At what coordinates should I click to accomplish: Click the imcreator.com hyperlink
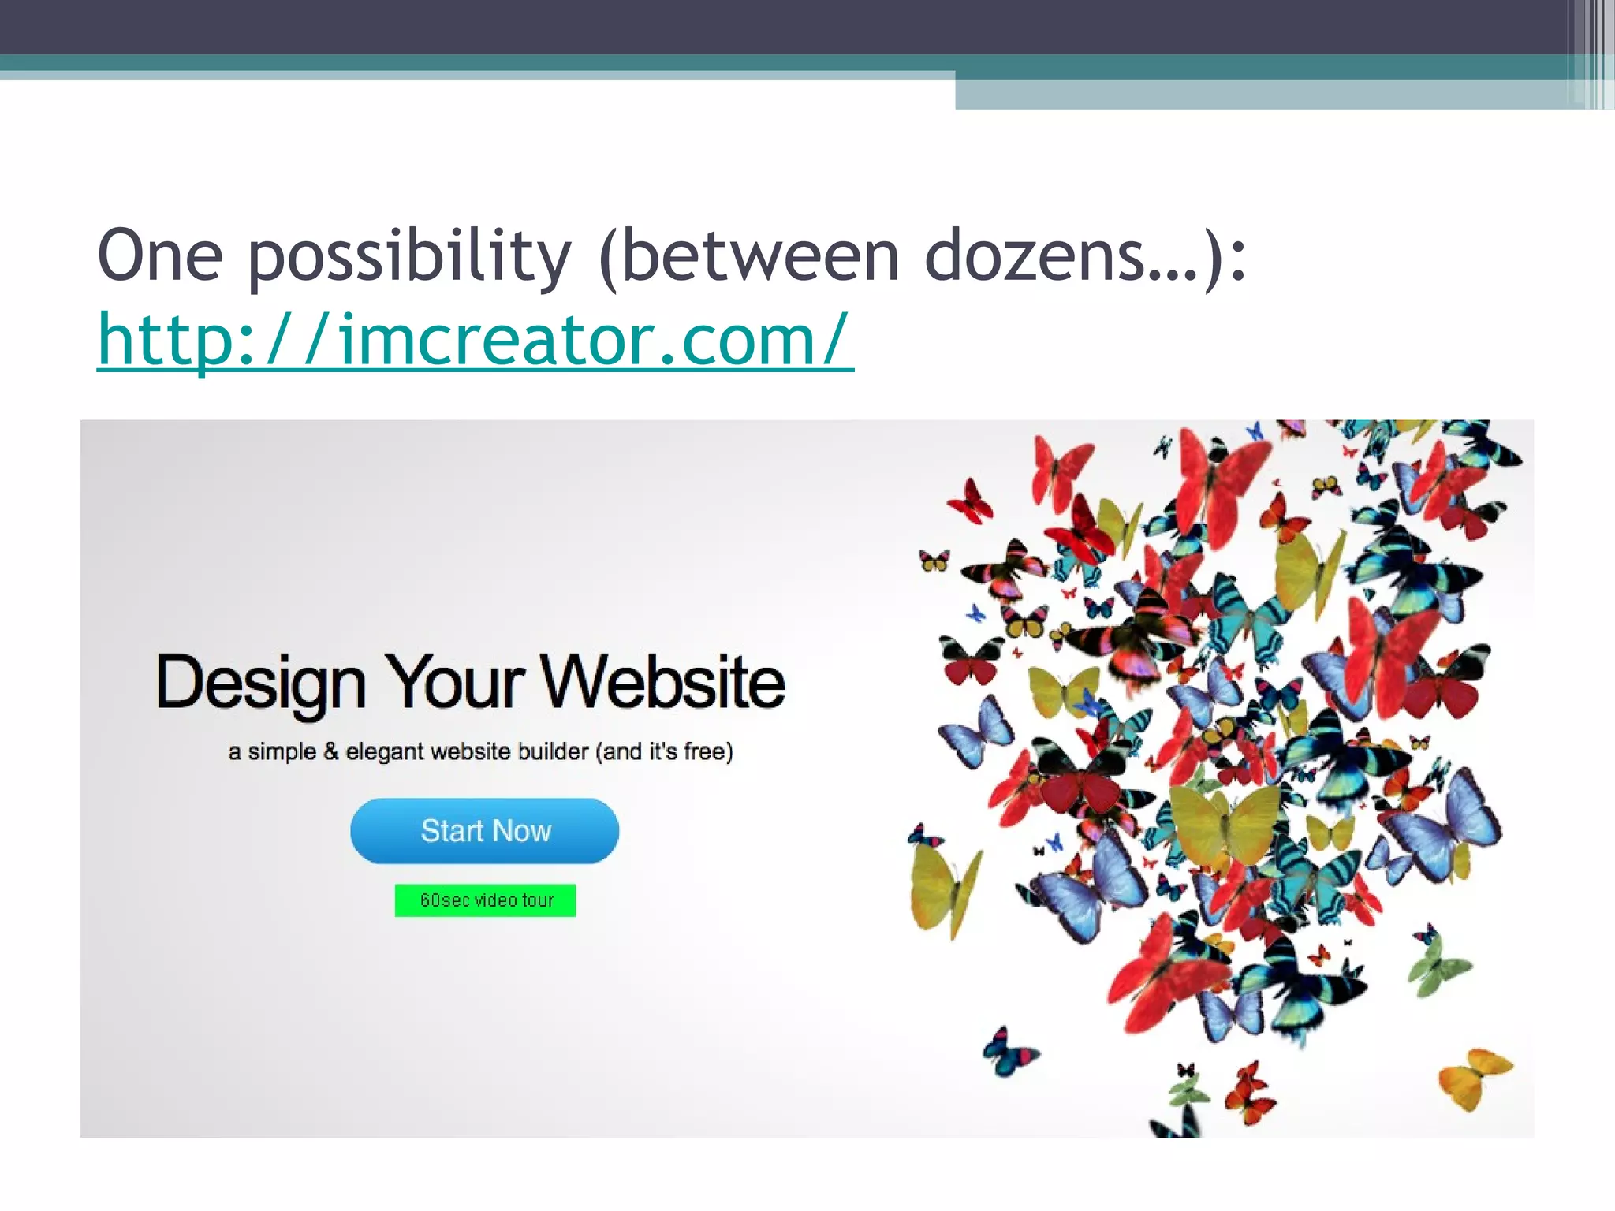(x=475, y=341)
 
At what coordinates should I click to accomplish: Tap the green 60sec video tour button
(x=485, y=900)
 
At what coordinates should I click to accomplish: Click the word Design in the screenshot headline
(x=261, y=683)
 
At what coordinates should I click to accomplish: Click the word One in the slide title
(x=160, y=255)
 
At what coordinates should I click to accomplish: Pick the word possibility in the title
(x=410, y=257)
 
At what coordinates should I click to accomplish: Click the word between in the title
(x=761, y=255)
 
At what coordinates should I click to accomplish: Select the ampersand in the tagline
(x=331, y=751)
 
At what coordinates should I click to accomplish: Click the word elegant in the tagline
(x=385, y=752)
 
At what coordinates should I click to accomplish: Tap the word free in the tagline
(x=704, y=751)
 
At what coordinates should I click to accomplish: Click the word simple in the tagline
(x=282, y=752)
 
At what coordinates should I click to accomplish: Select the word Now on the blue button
(x=522, y=831)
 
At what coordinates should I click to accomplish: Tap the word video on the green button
(x=495, y=900)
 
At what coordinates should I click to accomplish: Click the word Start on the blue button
(x=452, y=831)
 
